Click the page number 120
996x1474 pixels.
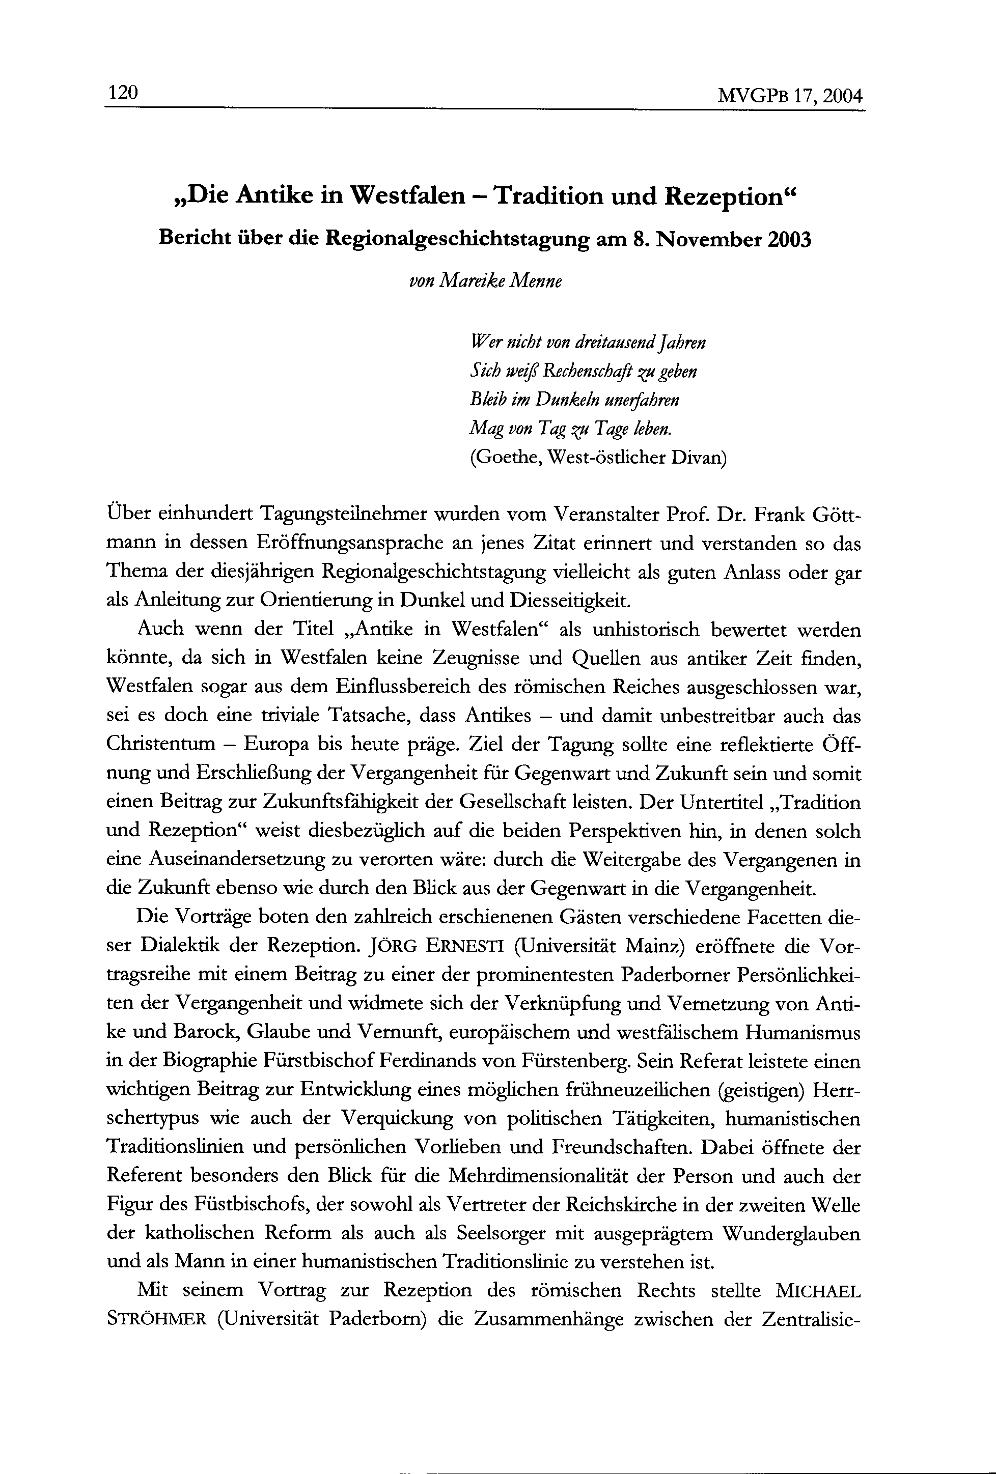click(x=123, y=93)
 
